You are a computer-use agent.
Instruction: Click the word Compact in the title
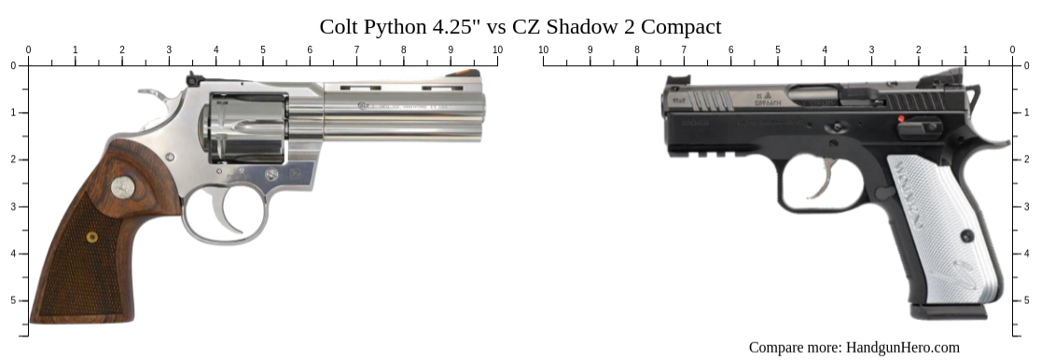[679, 26]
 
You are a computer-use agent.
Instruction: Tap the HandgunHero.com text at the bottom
[902, 347]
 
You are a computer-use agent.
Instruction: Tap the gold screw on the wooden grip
[91, 237]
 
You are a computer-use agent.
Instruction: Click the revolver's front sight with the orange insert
[464, 74]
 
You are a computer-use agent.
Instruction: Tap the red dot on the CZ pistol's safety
[902, 119]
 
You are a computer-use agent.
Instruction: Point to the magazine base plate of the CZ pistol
[948, 310]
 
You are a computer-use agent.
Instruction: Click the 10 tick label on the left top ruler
[497, 49]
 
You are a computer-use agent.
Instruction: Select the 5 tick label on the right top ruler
[777, 49]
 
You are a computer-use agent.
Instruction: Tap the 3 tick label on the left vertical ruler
[12, 206]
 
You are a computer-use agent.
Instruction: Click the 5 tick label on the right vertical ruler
[1029, 300]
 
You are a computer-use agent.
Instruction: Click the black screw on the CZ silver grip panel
[967, 236]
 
